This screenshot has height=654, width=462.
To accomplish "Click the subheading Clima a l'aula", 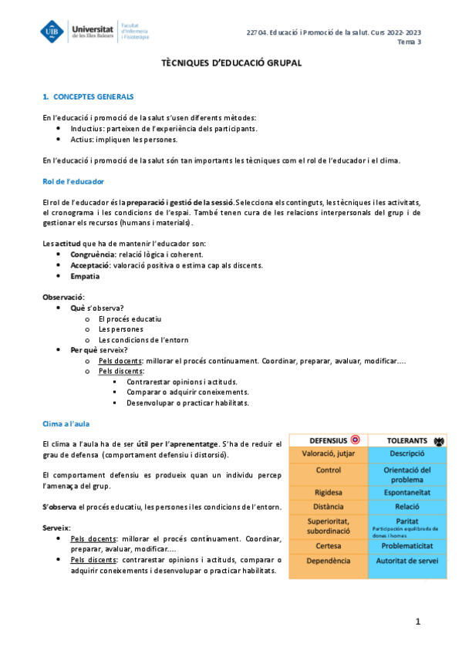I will click(69, 424).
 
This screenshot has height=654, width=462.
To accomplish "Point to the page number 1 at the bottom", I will click(416, 622).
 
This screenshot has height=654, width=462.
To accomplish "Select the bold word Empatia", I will click(85, 275).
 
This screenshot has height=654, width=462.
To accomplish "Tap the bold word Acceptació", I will click(89, 265).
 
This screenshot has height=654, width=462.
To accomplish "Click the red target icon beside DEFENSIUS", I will click(355, 440).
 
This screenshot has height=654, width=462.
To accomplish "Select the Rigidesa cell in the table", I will click(329, 491).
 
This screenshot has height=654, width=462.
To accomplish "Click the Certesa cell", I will click(329, 546).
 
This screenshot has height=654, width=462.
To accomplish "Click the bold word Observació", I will click(63, 297).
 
